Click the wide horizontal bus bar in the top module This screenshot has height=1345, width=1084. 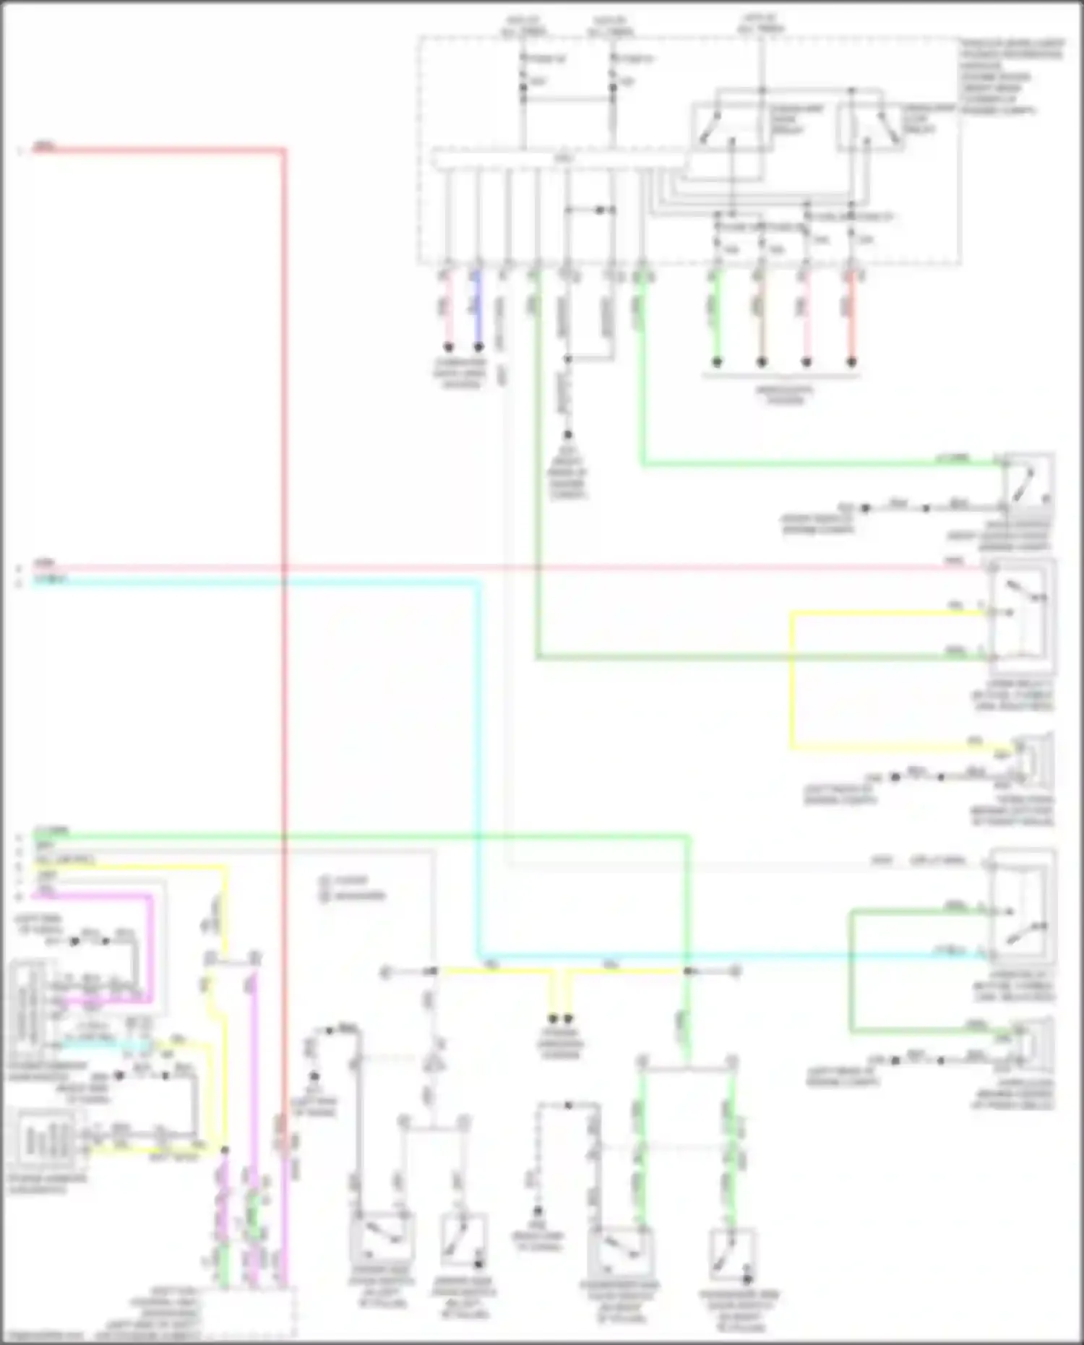556,159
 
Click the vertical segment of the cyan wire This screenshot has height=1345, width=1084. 478,759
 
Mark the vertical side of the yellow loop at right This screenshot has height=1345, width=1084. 792,679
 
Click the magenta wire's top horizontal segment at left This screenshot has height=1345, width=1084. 94,895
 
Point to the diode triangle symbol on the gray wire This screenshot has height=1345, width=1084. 434,1064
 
